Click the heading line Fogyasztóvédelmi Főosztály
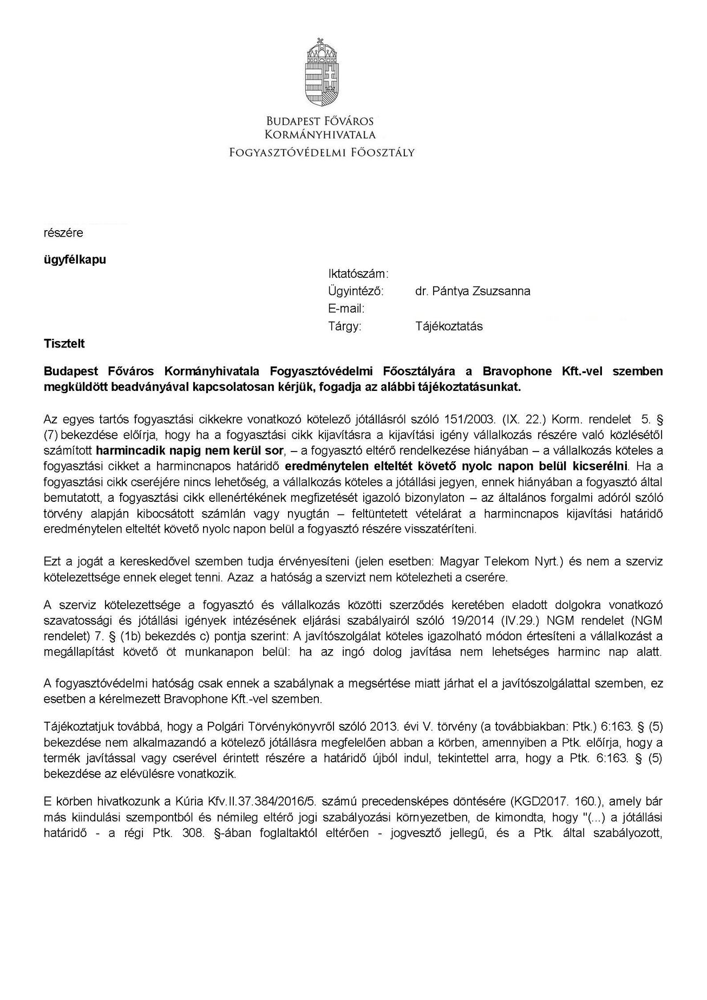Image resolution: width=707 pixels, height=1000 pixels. [x=322, y=152]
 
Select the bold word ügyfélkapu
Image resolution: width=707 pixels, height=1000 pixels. [x=75, y=259]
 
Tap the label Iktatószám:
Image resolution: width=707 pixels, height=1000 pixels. [x=358, y=273]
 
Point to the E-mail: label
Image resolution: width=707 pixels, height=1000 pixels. [x=346, y=309]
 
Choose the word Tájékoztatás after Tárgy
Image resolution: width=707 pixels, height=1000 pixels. [x=449, y=326]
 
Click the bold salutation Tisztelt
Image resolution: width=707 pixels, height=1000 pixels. [x=64, y=344]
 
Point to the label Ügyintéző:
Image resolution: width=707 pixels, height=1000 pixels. [x=356, y=291]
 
